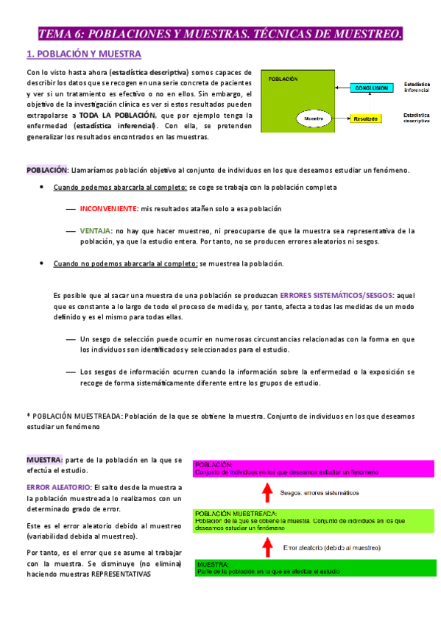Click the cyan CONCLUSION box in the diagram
371,88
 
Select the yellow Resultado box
366,118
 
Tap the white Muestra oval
314,118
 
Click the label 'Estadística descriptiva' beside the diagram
417,118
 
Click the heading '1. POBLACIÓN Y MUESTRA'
83,54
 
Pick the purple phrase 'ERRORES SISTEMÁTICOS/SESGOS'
337,294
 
